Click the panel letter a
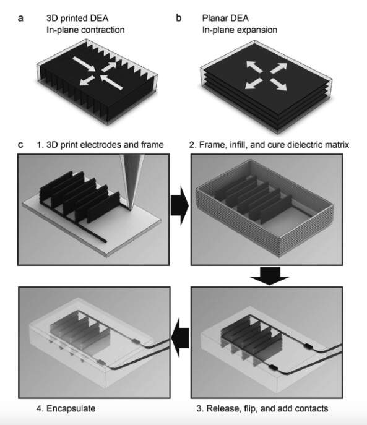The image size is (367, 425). [20, 19]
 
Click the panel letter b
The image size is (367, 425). [179, 18]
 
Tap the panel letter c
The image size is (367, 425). [20, 145]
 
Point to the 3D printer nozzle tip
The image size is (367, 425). [131, 208]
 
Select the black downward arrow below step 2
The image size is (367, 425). [270, 276]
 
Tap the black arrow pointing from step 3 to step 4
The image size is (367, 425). [180, 338]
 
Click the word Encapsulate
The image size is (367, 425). [71, 408]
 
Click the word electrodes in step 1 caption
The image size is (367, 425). [101, 145]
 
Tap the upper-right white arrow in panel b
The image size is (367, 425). [279, 68]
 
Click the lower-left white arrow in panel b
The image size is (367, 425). [253, 84]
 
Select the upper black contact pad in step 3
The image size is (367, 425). [308, 346]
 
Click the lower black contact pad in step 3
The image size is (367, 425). [274, 367]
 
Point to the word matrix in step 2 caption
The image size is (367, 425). [335, 145]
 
